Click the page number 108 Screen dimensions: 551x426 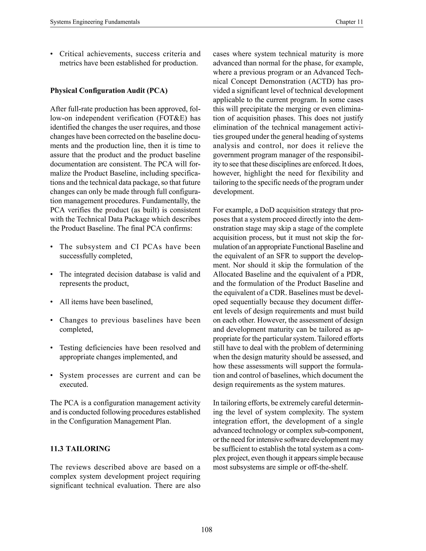207,530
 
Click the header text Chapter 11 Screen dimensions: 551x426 349,22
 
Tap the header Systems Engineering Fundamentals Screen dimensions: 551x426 95,22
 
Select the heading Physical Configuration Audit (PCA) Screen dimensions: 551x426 109,91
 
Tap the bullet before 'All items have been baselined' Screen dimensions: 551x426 52,302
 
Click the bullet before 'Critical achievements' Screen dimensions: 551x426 52,54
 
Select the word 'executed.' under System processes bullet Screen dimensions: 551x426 74,384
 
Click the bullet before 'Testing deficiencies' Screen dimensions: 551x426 52,348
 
